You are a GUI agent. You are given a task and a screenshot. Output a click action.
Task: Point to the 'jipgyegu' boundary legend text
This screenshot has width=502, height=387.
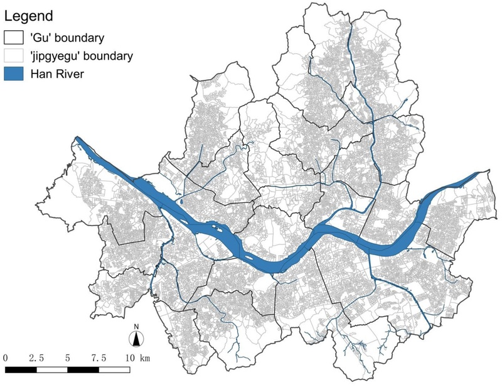pyautogui.click(x=81, y=56)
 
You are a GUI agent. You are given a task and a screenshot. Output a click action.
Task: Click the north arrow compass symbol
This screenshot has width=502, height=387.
pyautogui.click(x=136, y=339)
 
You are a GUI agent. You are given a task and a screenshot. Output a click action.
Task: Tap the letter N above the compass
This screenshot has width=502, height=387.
pyautogui.click(x=136, y=327)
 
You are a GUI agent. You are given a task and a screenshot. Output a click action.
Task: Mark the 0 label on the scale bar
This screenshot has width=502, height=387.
pyautogui.click(x=5, y=358)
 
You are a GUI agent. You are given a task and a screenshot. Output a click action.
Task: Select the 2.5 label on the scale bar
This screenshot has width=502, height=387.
pyautogui.click(x=35, y=358)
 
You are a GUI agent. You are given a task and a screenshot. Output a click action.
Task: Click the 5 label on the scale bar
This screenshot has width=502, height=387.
pyautogui.click(x=67, y=358)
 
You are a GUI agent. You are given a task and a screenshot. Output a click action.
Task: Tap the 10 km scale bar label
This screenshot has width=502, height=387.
pyautogui.click(x=136, y=358)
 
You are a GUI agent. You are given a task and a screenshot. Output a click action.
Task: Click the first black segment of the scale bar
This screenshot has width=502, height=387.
pyautogui.click(x=20, y=369)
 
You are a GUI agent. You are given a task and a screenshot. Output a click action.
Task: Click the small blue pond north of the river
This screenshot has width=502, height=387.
pyautogui.click(x=180, y=202)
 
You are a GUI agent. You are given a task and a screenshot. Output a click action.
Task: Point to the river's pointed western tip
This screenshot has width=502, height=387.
pyautogui.click(x=77, y=138)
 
